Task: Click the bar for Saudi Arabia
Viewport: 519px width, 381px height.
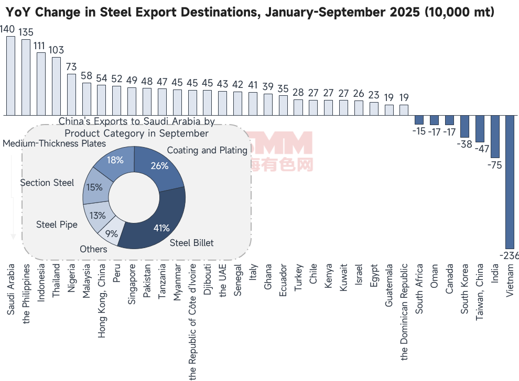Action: pyautogui.click(x=10, y=75)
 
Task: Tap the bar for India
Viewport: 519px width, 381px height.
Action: pyautogui.click(x=494, y=136)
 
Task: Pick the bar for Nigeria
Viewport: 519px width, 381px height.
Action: pyautogui.click(x=71, y=94)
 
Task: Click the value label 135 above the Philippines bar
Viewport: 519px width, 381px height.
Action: pyautogui.click(x=26, y=33)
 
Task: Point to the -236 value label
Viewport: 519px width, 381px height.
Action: pyautogui.click(x=510, y=255)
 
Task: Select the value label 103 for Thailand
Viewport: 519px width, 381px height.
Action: pyautogui.click(x=56, y=50)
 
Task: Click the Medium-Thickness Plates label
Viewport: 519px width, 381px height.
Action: pyautogui.click(x=55, y=143)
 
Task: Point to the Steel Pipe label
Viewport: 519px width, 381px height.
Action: pyautogui.click(x=57, y=225)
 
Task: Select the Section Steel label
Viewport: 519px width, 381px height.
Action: pyautogui.click(x=47, y=183)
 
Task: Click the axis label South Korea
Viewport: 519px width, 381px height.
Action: pyautogui.click(x=464, y=288)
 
